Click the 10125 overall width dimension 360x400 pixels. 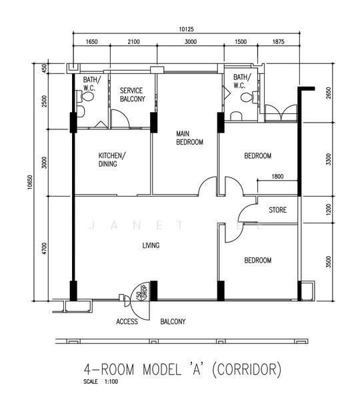pyautogui.click(x=186, y=29)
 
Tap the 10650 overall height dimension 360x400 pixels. pyautogui.click(x=31, y=182)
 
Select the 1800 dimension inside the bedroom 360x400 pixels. pyautogui.click(x=277, y=176)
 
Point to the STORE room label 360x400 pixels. pyautogui.click(x=277, y=210)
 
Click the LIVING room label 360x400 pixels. pyautogui.click(x=151, y=245)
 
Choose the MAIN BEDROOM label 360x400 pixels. pyautogui.click(x=189, y=138)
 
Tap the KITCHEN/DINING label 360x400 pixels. pyautogui.click(x=112, y=160)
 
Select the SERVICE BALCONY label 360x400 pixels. pyautogui.click(x=133, y=95)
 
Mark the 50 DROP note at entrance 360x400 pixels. pyautogui.click(x=143, y=293)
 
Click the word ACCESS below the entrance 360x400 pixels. pyautogui.click(x=127, y=321)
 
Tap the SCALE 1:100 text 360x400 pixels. pyautogui.click(x=101, y=381)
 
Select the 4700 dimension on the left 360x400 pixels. pyautogui.click(x=45, y=249)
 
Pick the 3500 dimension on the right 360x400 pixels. pyautogui.click(x=329, y=262)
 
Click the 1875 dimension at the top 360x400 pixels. pyautogui.click(x=278, y=41)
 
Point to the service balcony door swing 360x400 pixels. pyautogui.click(x=121, y=119)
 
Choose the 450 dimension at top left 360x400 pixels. pyautogui.click(x=45, y=68)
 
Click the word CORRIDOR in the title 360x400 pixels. pyautogui.click(x=247, y=369)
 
